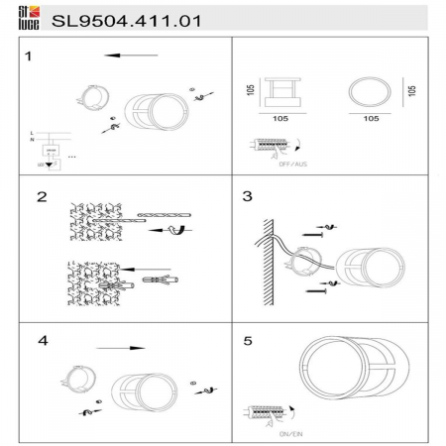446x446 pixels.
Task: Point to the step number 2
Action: (x=42, y=197)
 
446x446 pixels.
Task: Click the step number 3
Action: (x=247, y=196)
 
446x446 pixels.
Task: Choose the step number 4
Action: (x=42, y=341)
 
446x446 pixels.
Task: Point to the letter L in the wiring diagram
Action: (x=32, y=133)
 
